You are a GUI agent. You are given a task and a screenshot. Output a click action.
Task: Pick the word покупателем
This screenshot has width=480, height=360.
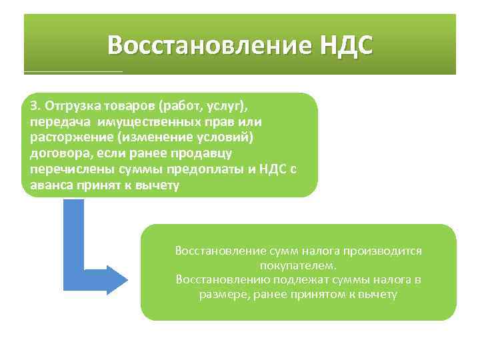click(x=299, y=265)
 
